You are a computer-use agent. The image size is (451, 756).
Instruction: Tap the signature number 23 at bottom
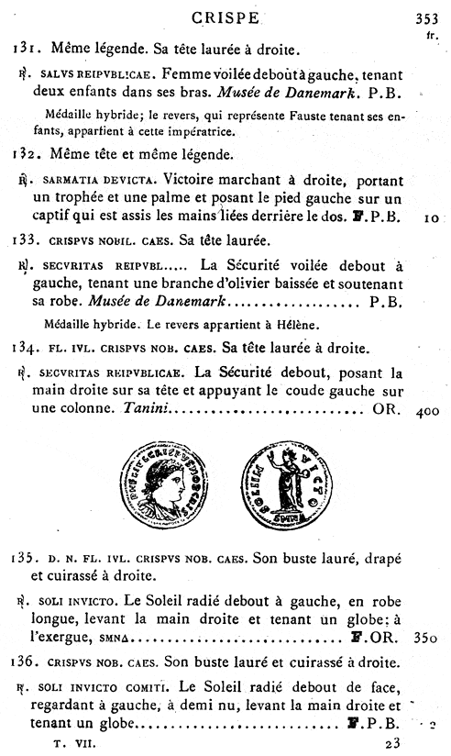(394, 744)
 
